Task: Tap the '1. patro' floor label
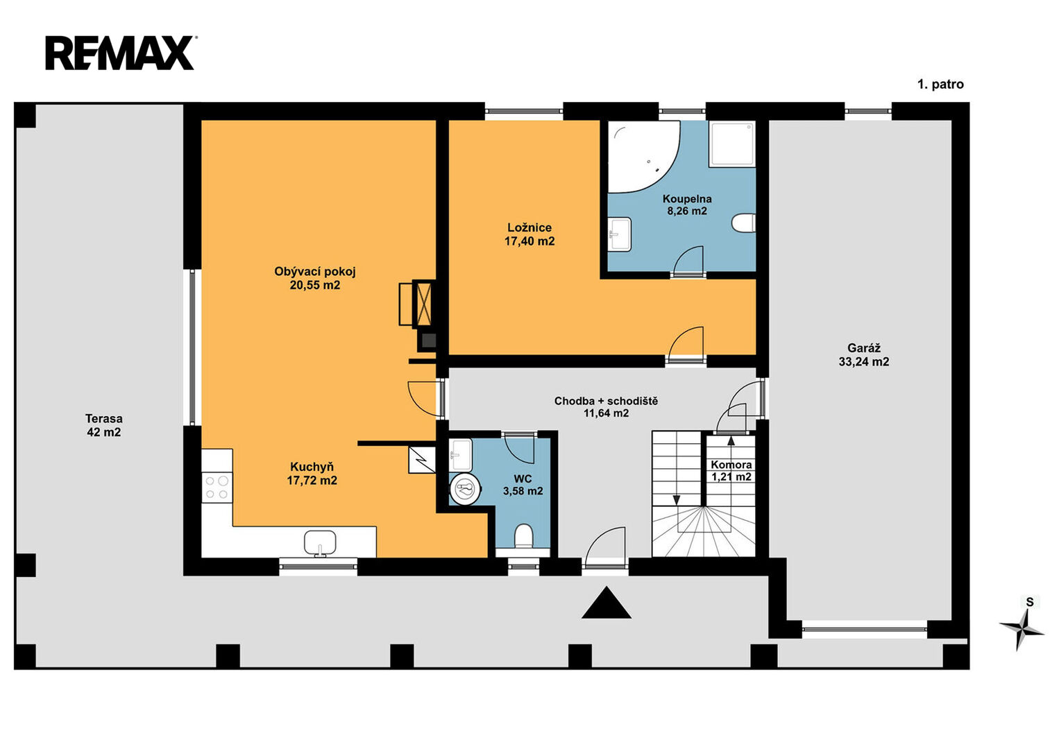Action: tap(940, 85)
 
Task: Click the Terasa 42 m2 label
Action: tap(104, 425)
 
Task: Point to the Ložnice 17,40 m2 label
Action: tap(529, 234)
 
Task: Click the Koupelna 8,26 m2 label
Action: tap(687, 205)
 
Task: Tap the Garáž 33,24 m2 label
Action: tap(864, 355)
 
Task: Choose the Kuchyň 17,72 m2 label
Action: tap(312, 474)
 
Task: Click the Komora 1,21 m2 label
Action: tap(731, 471)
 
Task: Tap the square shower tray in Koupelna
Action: tap(732, 144)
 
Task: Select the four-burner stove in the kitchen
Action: tap(217, 488)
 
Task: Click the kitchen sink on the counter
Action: tap(320, 543)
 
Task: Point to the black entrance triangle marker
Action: tap(606, 603)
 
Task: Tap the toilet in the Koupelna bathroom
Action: tap(743, 223)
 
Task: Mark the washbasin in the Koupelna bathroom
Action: tap(619, 234)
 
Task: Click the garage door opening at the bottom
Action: tap(864, 629)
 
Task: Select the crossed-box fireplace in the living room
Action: tap(423, 303)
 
